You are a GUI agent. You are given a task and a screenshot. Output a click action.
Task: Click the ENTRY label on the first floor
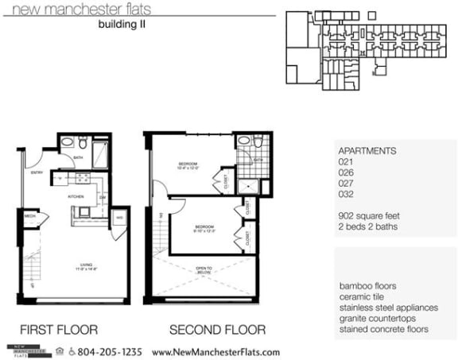(x=36, y=172)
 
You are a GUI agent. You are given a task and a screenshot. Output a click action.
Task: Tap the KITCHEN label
(x=76, y=195)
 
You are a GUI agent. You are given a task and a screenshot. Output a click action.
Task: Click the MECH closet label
(x=29, y=215)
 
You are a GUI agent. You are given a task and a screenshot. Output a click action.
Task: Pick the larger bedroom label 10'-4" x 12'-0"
(x=188, y=167)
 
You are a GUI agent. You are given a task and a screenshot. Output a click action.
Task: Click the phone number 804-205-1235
(x=109, y=352)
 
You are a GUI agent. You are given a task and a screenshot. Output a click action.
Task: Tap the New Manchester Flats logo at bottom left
(x=29, y=351)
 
